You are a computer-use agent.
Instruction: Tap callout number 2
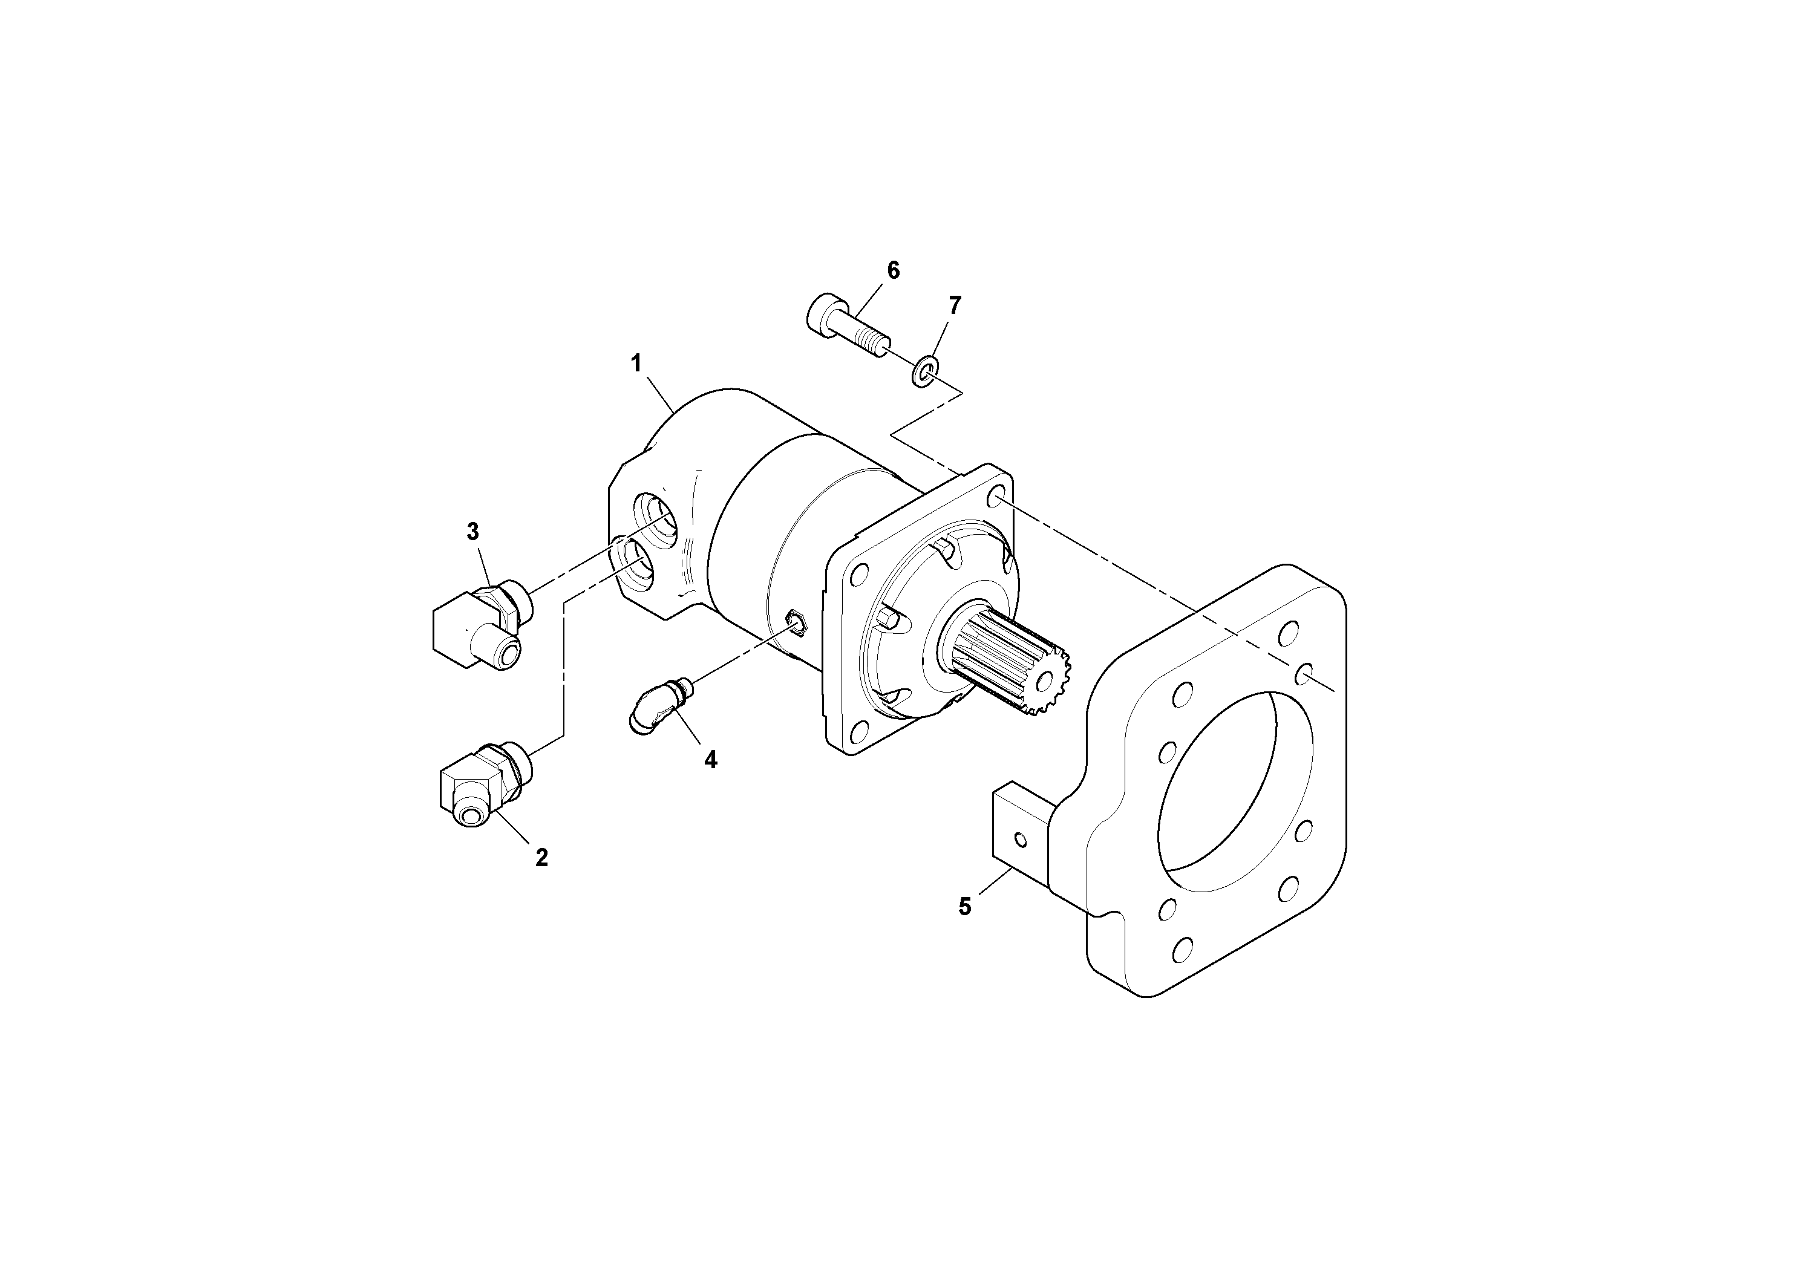click(541, 858)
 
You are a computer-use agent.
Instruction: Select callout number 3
click(472, 532)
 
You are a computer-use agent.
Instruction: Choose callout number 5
click(965, 907)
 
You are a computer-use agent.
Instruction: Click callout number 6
click(894, 270)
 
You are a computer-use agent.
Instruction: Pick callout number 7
click(955, 305)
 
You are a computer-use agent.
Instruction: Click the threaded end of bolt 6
click(875, 344)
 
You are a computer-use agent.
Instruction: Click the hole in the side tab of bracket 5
click(1020, 840)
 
